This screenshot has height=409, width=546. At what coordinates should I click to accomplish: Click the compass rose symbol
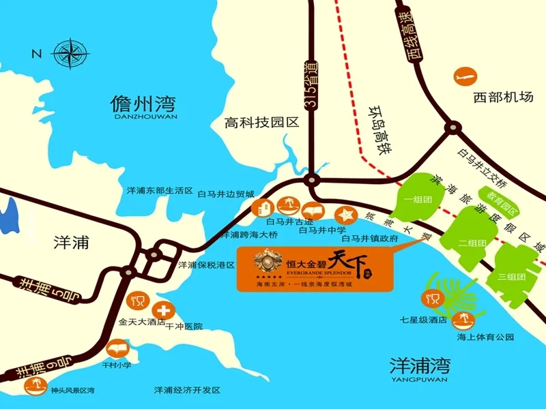point(71,53)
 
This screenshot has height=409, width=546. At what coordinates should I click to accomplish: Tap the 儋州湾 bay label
point(143,105)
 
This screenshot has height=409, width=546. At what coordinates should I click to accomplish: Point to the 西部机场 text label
point(502,97)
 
